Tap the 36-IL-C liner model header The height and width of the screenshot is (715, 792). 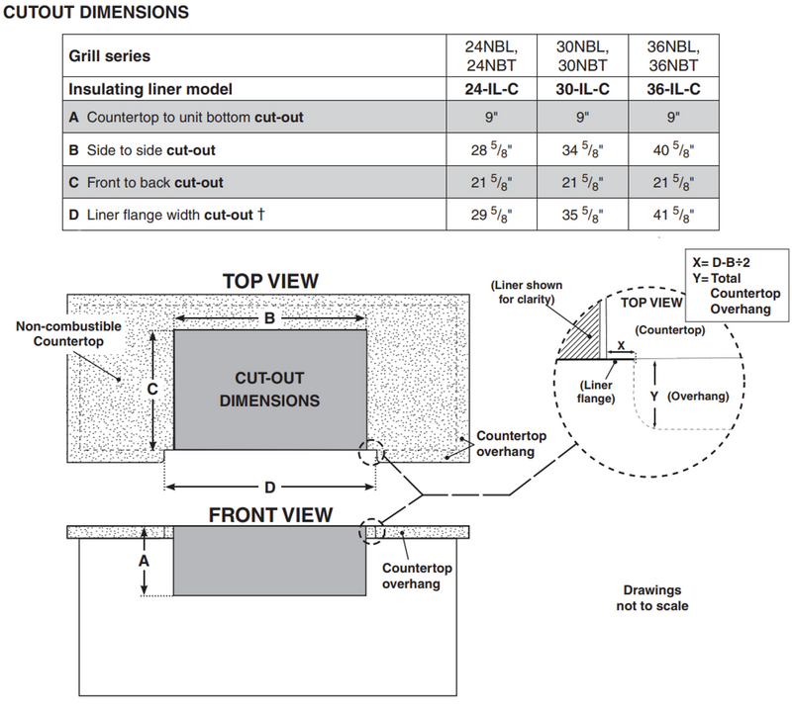tap(672, 88)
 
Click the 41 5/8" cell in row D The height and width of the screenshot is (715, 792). tap(672, 214)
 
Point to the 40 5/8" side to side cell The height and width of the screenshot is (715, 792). tap(672, 150)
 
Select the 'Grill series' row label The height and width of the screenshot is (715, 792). tap(110, 56)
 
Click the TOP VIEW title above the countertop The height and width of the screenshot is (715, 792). tap(270, 281)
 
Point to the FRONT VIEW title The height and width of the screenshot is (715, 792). tap(270, 514)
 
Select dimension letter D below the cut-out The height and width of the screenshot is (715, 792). tap(269, 487)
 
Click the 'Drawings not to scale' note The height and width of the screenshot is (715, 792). tap(650, 596)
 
